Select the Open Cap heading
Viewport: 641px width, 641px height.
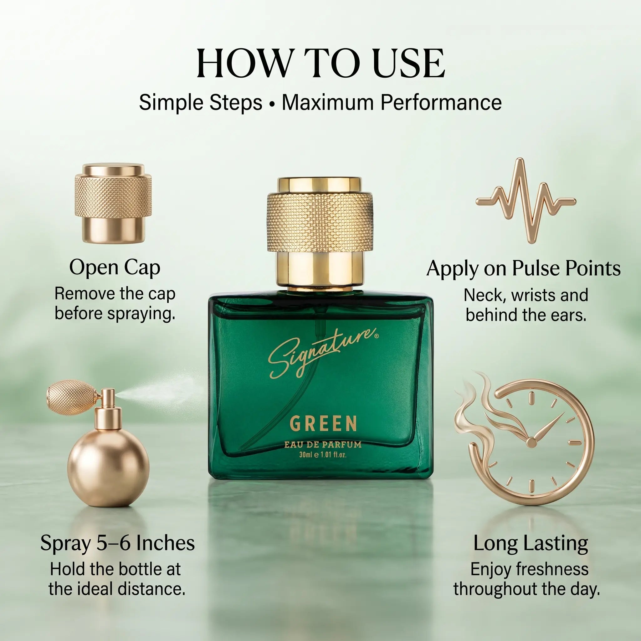(x=115, y=268)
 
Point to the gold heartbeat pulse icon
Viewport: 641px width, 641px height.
(x=526, y=200)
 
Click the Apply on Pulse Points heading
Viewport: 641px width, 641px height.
(x=524, y=268)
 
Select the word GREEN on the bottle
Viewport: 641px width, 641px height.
(x=323, y=423)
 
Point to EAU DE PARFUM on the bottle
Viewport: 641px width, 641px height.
(x=323, y=444)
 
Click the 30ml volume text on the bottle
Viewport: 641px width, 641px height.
(x=305, y=454)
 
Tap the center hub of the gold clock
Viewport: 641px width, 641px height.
(x=531, y=442)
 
